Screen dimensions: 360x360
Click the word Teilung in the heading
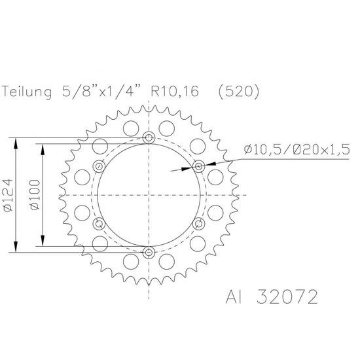tap(27, 92)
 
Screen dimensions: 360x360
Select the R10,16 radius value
tap(175, 91)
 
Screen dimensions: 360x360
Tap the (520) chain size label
tap(238, 92)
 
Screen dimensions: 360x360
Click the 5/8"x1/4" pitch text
tap(101, 91)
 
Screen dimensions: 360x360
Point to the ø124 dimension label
tap(9, 195)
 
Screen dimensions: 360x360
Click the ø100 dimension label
tap(35, 194)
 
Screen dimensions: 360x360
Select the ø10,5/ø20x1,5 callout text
tap(297, 149)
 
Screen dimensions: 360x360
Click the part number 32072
tap(287, 297)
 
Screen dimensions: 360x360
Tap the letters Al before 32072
tap(234, 297)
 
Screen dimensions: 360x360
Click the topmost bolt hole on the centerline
tap(149, 138)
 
